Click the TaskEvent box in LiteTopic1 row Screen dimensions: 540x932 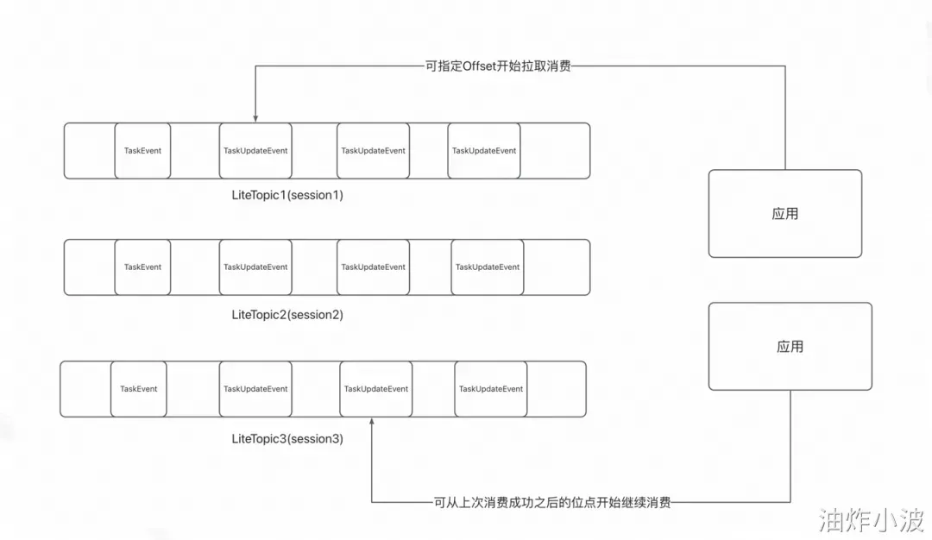pyautogui.click(x=142, y=151)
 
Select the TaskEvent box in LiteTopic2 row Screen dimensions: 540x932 pyautogui.click(x=142, y=267)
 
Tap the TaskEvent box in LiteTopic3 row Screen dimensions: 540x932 pyautogui.click(x=139, y=389)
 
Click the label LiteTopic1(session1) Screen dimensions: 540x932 pyautogui.click(x=287, y=195)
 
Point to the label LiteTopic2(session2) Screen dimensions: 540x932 pyautogui.click(x=287, y=315)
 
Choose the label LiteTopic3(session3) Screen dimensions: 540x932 pyautogui.click(x=287, y=439)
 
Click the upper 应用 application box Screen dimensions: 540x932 pyautogui.click(x=785, y=214)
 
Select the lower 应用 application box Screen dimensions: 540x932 pyautogui.click(x=790, y=347)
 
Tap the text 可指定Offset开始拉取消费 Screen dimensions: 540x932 pyautogui.click(x=498, y=66)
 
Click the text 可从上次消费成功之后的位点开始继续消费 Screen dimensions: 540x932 pyautogui.click(x=552, y=502)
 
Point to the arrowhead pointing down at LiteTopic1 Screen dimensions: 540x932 pyautogui.click(x=255, y=117)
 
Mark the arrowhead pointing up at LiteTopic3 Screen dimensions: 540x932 pyautogui.click(x=372, y=423)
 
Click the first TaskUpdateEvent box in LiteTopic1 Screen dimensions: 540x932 pyautogui.click(x=255, y=151)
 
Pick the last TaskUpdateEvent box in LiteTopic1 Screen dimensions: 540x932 pyautogui.click(x=484, y=151)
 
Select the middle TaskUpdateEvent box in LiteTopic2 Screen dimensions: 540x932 pyautogui.click(x=373, y=267)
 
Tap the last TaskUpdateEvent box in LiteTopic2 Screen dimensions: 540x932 pyautogui.click(x=488, y=267)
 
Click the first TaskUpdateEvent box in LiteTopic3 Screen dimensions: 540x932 pyautogui.click(x=255, y=389)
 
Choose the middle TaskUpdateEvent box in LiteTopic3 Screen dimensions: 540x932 pyautogui.click(x=376, y=389)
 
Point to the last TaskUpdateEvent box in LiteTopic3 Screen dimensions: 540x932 pyautogui.click(x=491, y=389)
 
